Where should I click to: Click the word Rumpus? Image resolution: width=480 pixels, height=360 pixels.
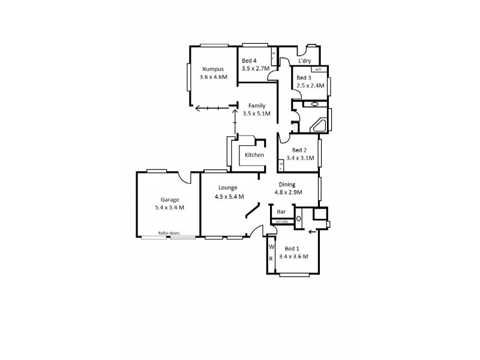pyautogui.click(x=212, y=68)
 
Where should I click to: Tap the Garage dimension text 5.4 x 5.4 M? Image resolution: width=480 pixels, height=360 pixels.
pyautogui.click(x=169, y=208)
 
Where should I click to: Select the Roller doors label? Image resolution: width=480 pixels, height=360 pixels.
pyautogui.click(x=169, y=233)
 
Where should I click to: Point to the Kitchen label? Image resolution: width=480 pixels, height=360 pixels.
pyautogui.click(x=254, y=155)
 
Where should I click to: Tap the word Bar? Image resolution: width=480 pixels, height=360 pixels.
pyautogui.click(x=281, y=212)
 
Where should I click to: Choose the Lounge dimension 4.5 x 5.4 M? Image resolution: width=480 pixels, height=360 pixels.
pyautogui.click(x=229, y=196)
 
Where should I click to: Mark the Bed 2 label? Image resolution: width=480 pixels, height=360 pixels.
pyautogui.click(x=299, y=151)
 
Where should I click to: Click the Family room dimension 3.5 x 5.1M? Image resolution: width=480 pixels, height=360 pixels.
pyautogui.click(x=256, y=113)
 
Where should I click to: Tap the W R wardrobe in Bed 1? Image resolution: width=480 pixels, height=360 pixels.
pyautogui.click(x=271, y=253)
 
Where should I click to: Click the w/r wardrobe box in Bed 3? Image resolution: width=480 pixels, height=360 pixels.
pyautogui.click(x=317, y=70)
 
